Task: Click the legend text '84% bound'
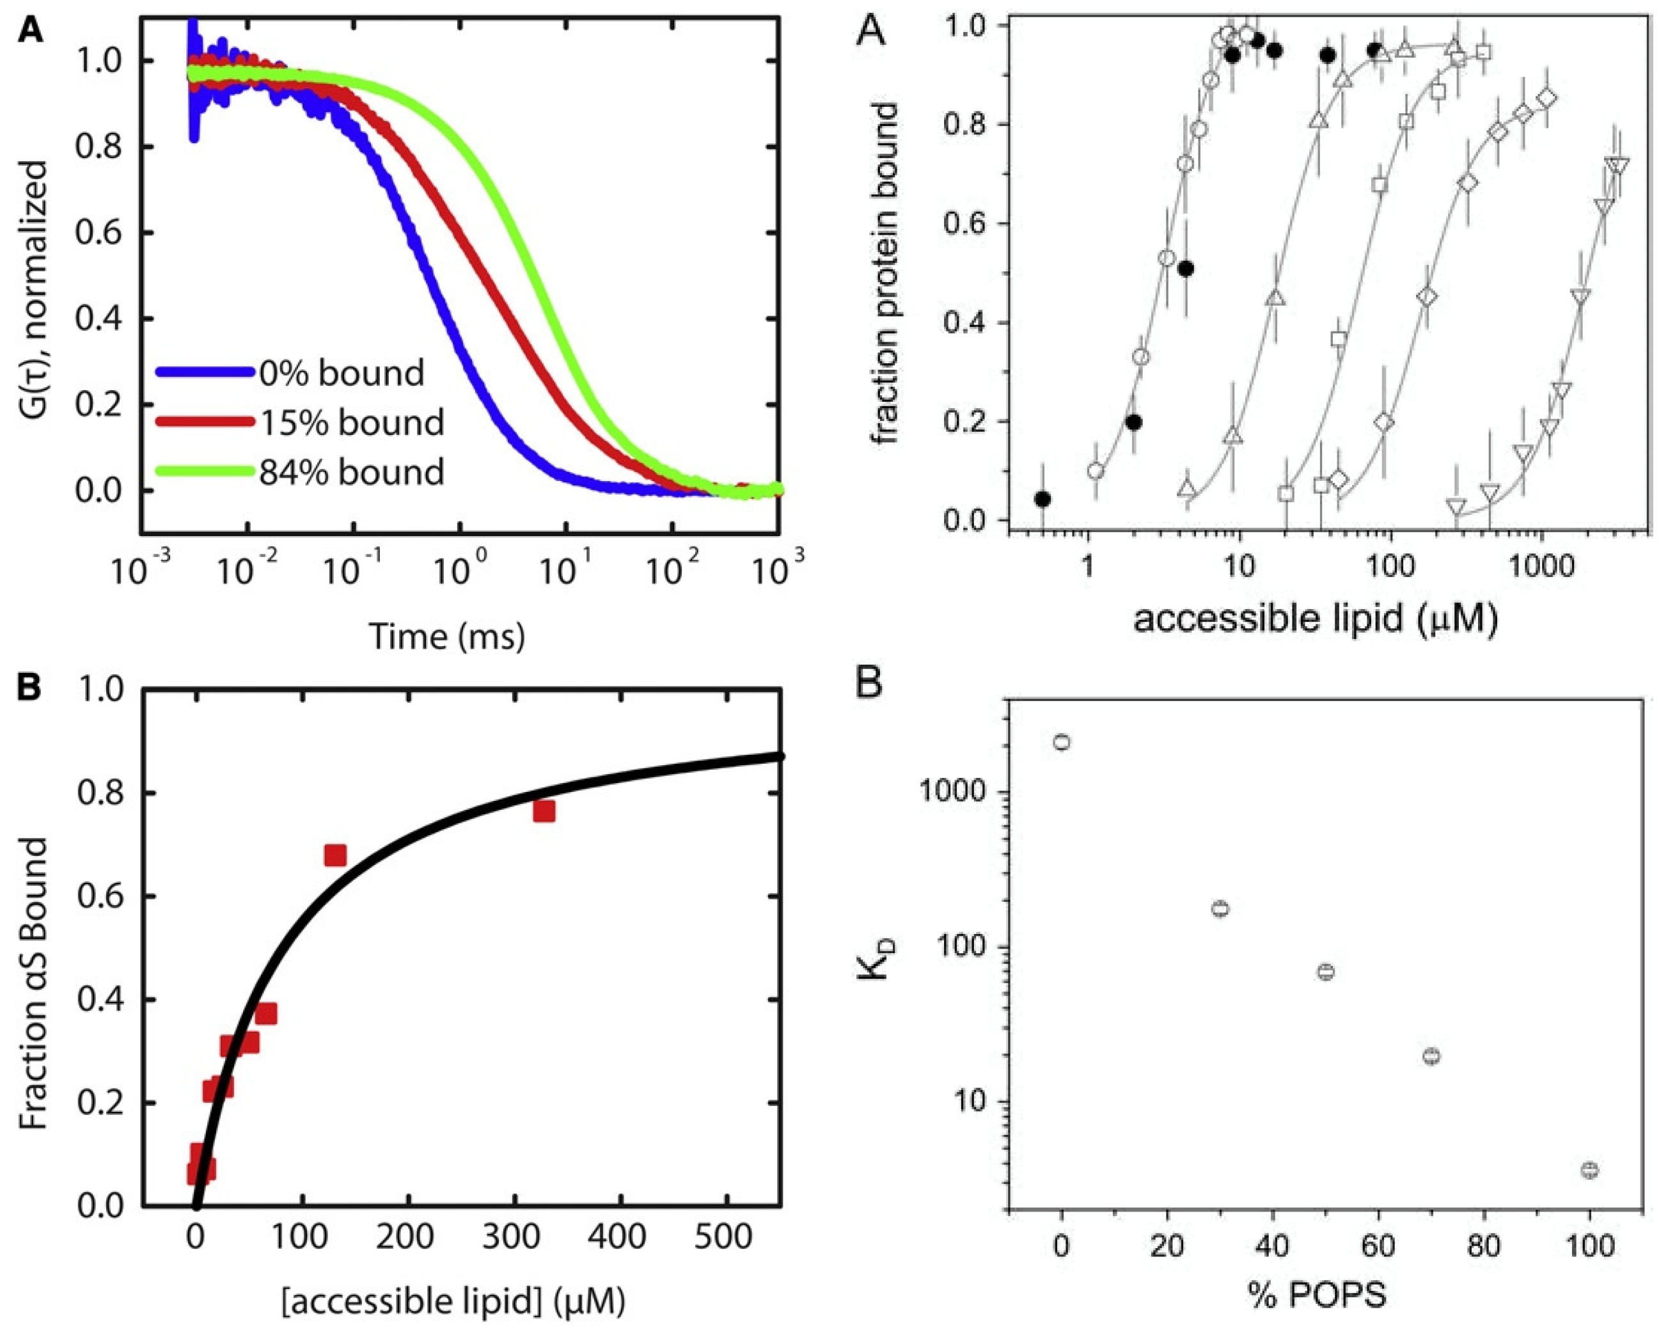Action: tap(351, 472)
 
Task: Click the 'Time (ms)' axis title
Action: tap(447, 636)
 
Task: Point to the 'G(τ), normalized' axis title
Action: tap(35, 310)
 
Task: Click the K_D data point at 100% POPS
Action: tap(1589, 1170)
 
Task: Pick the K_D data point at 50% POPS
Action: tap(1326, 972)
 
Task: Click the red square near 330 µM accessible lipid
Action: tap(544, 811)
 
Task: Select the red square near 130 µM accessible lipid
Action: tap(335, 855)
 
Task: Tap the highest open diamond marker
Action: tap(1547, 99)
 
